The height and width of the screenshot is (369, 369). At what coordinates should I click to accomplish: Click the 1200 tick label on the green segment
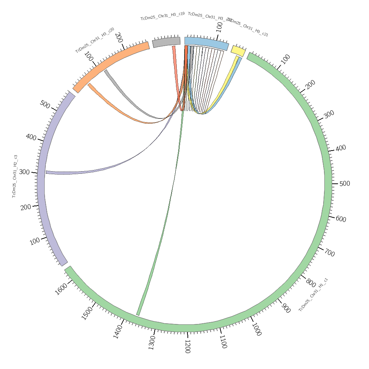click(x=187, y=346)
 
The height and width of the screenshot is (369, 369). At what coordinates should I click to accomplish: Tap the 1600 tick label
click(x=61, y=289)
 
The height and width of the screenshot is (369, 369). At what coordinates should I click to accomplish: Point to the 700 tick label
click(x=329, y=253)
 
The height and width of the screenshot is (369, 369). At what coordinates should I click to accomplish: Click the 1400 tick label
click(x=118, y=331)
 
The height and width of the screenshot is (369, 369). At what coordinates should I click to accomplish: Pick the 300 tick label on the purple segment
click(x=24, y=172)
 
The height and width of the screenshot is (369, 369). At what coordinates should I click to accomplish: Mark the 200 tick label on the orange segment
click(x=118, y=37)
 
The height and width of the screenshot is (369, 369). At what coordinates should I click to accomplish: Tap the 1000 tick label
click(x=256, y=329)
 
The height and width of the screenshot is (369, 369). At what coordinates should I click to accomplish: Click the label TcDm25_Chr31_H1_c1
click(x=313, y=294)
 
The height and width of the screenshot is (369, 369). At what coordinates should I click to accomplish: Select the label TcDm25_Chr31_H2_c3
click(x=14, y=176)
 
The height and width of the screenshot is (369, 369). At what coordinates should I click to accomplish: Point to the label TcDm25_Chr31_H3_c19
click(x=162, y=16)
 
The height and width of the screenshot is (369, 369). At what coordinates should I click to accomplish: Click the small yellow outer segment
click(x=238, y=51)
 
